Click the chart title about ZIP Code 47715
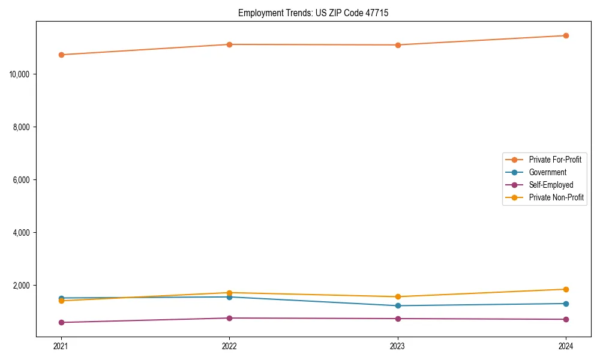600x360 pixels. tap(313, 13)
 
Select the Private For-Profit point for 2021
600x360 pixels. tap(61, 55)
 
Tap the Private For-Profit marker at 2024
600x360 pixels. tap(566, 35)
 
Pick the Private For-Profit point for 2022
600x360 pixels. tap(229, 44)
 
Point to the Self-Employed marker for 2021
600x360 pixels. tap(61, 322)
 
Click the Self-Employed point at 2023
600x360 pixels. tap(398, 319)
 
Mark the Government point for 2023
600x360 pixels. tap(398, 305)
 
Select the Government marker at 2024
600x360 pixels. tap(566, 304)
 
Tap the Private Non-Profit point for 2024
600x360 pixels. tap(566, 289)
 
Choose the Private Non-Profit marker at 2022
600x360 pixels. tap(229, 293)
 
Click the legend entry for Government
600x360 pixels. tap(547, 172)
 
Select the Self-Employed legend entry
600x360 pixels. tap(551, 185)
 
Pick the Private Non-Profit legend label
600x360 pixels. tap(556, 197)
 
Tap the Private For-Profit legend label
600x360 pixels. tap(555, 160)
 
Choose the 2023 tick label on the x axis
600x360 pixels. tap(398, 346)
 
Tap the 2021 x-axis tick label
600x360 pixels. tap(61, 346)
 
